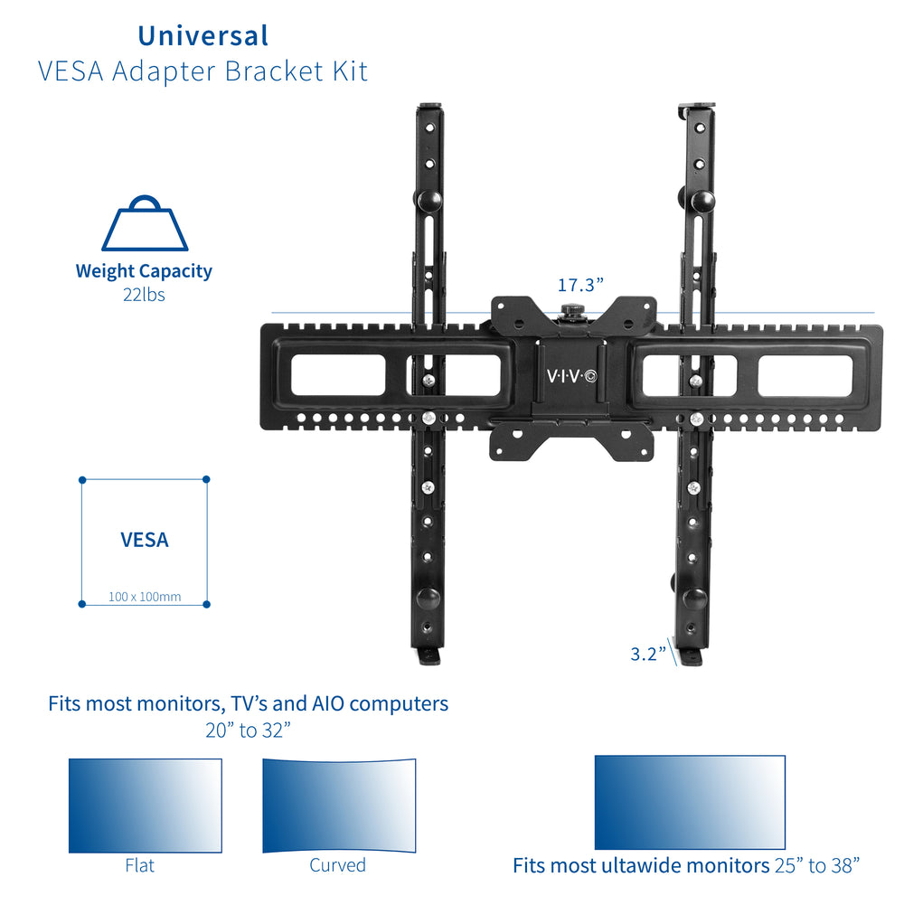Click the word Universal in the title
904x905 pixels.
tap(202, 35)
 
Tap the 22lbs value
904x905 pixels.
tap(144, 295)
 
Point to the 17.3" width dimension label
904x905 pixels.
tap(579, 286)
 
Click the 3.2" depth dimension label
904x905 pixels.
tap(648, 654)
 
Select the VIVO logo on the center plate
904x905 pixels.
tap(571, 375)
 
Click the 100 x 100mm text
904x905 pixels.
tap(145, 597)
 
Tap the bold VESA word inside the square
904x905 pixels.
tap(145, 541)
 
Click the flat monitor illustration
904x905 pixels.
tap(145, 805)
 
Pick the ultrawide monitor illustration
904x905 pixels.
tap(689, 803)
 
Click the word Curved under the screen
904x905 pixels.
tap(337, 865)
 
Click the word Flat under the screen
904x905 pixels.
tap(139, 865)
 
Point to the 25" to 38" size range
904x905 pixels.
tap(816, 865)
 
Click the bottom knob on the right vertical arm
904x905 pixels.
tap(694, 599)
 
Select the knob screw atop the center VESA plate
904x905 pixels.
tap(570, 312)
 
